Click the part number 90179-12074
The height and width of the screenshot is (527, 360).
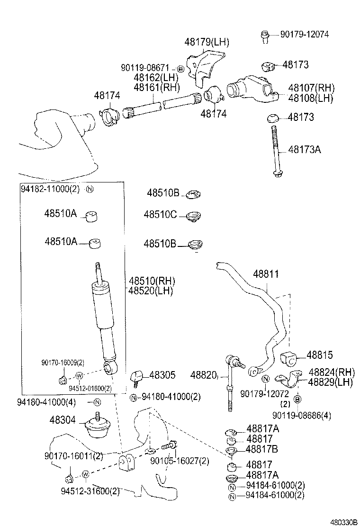click(x=304, y=34)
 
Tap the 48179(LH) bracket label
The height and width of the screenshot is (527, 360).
click(x=207, y=42)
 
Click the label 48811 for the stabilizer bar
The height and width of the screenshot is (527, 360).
click(x=266, y=274)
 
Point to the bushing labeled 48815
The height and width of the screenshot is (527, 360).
click(x=289, y=359)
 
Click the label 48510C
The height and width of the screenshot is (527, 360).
click(x=160, y=215)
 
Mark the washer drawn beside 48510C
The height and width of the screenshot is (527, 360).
click(x=193, y=217)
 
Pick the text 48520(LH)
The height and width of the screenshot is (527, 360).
click(x=150, y=291)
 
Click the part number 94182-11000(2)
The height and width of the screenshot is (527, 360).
click(x=51, y=188)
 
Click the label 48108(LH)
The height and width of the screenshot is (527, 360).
click(x=310, y=98)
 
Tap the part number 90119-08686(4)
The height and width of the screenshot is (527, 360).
click(x=302, y=416)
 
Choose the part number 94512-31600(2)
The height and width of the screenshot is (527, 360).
click(x=90, y=491)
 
